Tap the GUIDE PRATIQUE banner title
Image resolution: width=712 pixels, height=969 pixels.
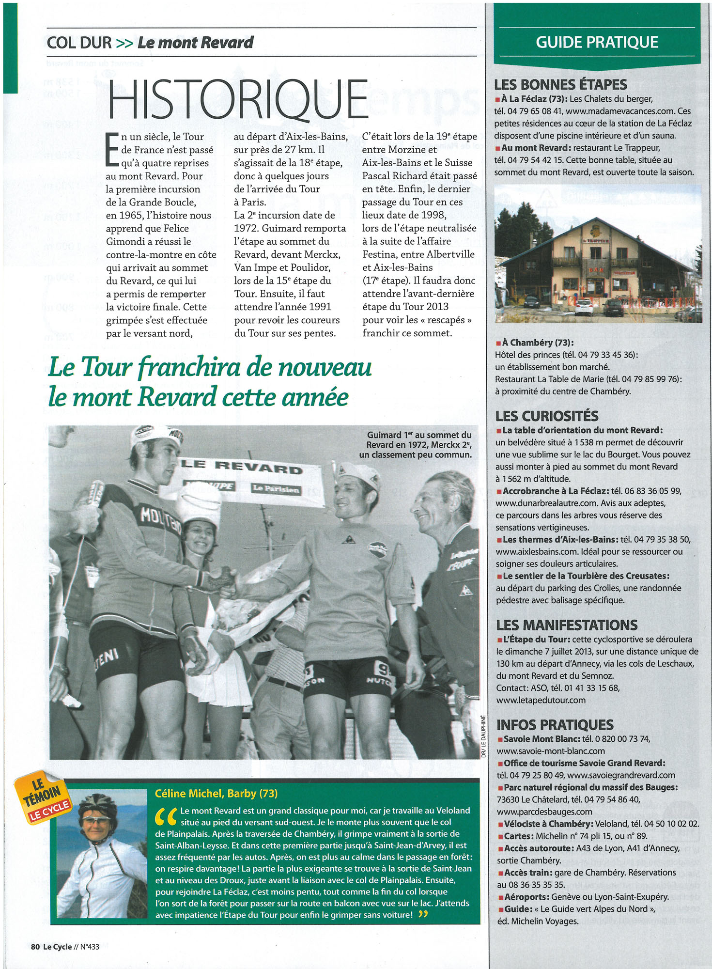[597, 42]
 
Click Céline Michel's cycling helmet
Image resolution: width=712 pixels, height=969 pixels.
[97, 804]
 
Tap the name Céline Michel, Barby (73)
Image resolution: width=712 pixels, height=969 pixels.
[216, 793]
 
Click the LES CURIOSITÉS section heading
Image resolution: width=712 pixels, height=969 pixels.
[546, 416]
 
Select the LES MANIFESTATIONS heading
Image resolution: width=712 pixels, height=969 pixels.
[566, 625]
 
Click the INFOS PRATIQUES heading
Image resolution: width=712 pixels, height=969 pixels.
[555, 725]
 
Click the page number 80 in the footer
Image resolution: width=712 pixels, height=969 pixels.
[35, 946]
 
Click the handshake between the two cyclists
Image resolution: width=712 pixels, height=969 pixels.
[226, 579]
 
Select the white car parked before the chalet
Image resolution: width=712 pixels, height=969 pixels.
[583, 306]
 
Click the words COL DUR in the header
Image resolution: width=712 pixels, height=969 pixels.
[79, 43]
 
